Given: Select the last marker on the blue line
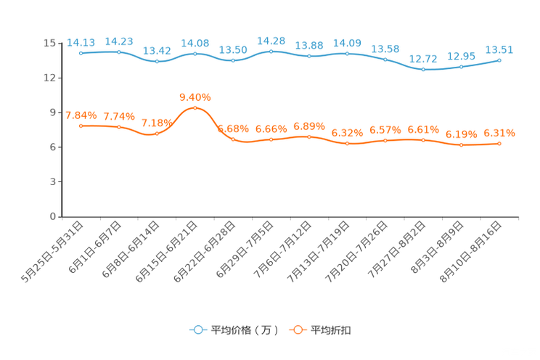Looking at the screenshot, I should pos(499,60).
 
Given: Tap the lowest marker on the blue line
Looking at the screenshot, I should pos(423,70).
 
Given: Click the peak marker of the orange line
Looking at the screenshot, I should pos(195,108).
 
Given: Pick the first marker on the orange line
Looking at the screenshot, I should pos(81,126).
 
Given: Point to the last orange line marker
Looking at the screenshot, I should pos(499,144).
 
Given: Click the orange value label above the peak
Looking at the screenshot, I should pos(195,97).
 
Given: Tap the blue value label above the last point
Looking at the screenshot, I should pos(499,49).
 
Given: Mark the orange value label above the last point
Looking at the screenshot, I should pos(499,133).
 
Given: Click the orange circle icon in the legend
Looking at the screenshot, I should pos(297,330).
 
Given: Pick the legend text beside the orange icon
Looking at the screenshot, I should pos(331,330).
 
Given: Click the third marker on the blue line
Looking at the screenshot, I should pos(157,62).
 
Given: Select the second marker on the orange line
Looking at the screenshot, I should pos(119,127).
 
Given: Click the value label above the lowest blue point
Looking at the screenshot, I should pos(423,58).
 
